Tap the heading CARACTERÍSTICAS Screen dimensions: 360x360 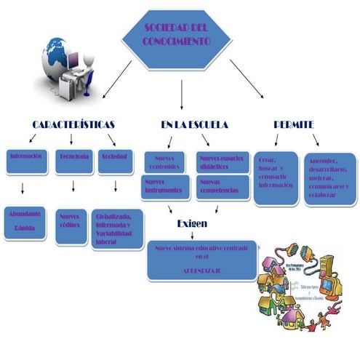coord(73,124)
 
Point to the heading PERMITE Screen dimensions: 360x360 coord(294,124)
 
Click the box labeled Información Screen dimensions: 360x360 coord(27,161)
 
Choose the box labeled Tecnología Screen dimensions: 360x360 coord(73,161)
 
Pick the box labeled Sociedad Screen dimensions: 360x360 coord(115,161)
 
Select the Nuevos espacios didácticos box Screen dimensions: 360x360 coord(223,162)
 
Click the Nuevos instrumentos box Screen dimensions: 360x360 coord(166,187)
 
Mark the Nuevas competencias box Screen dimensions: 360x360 coord(223,187)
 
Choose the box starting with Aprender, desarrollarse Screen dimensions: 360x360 coord(329,177)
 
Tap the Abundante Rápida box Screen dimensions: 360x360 coord(25,223)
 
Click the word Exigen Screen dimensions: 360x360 coord(192,223)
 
